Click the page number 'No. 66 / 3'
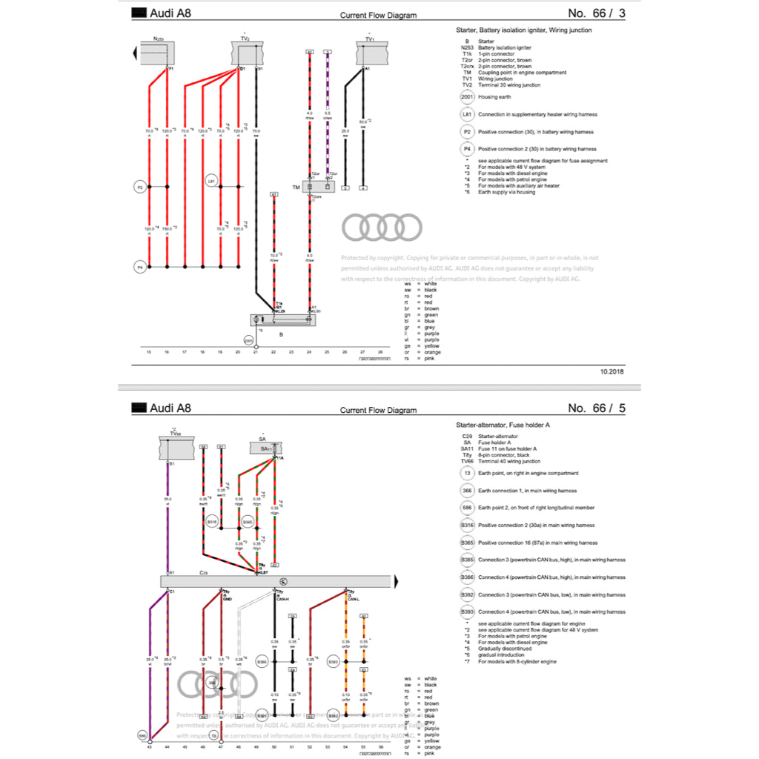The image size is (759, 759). [596, 13]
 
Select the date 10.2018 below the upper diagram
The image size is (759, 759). [612, 371]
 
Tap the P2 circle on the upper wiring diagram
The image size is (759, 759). [139, 187]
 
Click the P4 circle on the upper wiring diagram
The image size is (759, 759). [139, 266]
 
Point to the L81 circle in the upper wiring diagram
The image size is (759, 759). [211, 181]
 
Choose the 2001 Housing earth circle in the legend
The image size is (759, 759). [466, 97]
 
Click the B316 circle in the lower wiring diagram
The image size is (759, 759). [212, 523]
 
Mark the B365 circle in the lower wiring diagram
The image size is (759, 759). [248, 523]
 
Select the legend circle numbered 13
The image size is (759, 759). [466, 473]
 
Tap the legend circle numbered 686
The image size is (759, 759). [466, 508]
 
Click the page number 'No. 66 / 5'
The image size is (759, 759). [596, 408]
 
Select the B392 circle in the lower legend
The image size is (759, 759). [466, 594]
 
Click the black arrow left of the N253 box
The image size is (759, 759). [134, 53]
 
